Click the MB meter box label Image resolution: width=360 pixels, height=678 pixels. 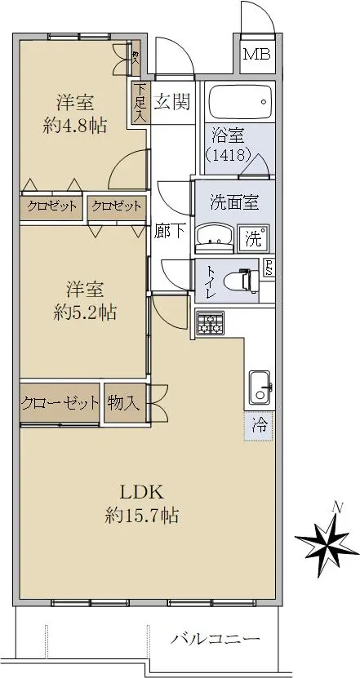[x=257, y=55]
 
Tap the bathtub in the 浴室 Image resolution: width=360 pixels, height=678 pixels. [x=241, y=101]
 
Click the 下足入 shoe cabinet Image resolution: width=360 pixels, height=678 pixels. [x=140, y=103]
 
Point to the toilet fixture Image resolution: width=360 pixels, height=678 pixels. [x=242, y=281]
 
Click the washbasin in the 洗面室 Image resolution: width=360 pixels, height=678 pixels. [x=215, y=237]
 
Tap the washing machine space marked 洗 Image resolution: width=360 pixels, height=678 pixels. [x=254, y=238]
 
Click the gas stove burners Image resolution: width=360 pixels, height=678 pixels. [x=211, y=323]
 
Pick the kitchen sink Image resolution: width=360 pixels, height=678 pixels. [x=260, y=387]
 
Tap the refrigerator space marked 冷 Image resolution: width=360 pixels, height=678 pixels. [x=259, y=426]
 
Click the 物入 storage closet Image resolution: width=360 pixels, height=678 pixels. [x=125, y=404]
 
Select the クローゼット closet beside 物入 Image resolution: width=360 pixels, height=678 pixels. [x=60, y=404]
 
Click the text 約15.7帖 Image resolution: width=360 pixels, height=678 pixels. [x=142, y=515]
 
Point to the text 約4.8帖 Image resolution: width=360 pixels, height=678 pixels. [x=75, y=126]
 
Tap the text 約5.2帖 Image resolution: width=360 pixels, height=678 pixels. [x=85, y=312]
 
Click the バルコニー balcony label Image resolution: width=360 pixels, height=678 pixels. [x=215, y=639]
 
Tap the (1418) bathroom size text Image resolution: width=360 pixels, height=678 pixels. [x=228, y=154]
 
